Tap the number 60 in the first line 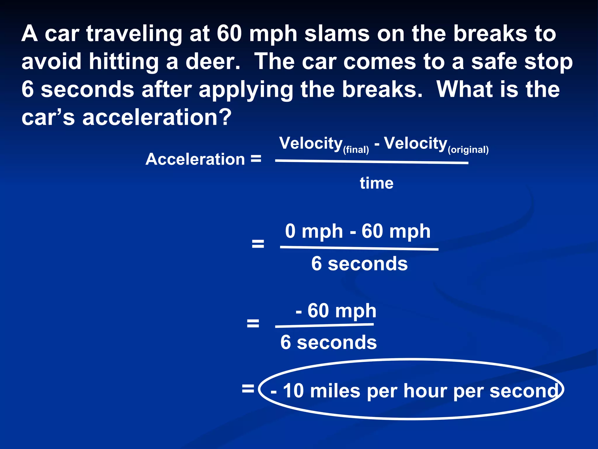coord(229,34)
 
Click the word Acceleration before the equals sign coord(195,159)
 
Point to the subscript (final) coord(356,150)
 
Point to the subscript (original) coord(468,150)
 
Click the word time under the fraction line coord(376,183)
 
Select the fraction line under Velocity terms coord(372,162)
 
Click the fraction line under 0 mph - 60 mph coord(359,248)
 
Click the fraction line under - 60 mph coord(324,325)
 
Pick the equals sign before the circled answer coord(248,389)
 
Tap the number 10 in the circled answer coord(293,391)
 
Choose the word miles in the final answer coord(335,391)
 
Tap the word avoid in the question coord(51,62)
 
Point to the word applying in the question coord(246,90)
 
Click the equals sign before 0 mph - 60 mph coord(258,244)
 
